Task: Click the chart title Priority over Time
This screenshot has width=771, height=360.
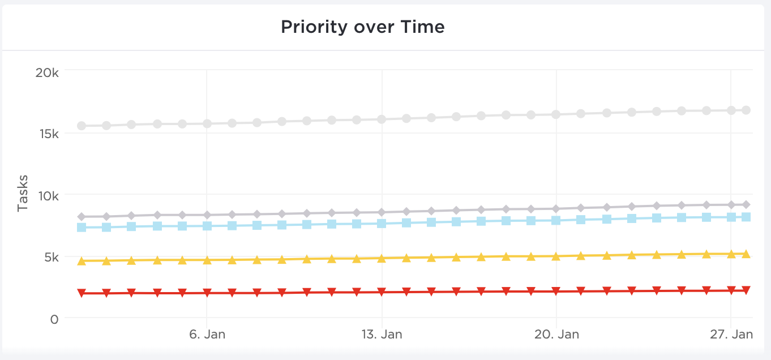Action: click(363, 27)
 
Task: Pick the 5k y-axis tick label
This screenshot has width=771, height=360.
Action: click(49, 258)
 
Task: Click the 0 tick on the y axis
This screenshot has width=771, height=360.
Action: click(54, 319)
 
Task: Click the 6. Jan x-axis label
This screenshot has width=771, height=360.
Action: click(207, 335)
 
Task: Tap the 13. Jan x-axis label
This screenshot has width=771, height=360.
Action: click(382, 335)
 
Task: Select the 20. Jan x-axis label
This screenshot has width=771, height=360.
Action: click(556, 335)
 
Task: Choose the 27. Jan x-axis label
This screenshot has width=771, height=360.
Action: click(731, 335)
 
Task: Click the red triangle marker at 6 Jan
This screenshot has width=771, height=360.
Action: click(207, 293)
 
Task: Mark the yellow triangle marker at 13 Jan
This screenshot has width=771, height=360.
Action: click(382, 258)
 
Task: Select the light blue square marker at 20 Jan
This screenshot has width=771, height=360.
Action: click(556, 220)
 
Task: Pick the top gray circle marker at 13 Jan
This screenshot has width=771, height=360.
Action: click(382, 119)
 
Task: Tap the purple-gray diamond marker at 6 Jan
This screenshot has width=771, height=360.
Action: click(207, 215)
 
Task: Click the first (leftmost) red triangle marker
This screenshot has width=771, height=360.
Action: click(82, 293)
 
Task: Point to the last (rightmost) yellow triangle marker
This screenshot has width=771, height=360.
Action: click(746, 254)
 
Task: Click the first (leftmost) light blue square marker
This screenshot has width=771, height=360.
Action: click(82, 227)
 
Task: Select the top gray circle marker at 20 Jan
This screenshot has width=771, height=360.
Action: click(556, 114)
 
